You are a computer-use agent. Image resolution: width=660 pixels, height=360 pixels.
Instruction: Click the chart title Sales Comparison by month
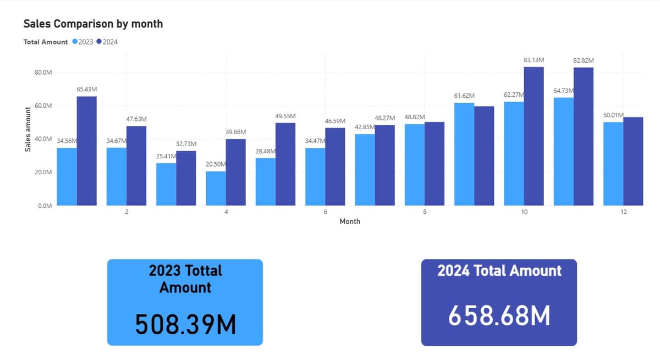point(93,24)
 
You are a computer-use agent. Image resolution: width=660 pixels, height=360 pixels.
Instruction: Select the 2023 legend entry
point(83,42)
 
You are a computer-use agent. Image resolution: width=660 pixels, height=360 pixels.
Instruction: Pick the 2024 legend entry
point(107,42)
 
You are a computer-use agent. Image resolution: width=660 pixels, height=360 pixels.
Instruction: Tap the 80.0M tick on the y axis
point(43,73)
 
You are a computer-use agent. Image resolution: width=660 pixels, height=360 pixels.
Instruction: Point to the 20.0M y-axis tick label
point(43,172)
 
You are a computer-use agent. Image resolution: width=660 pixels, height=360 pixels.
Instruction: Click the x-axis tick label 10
point(524,212)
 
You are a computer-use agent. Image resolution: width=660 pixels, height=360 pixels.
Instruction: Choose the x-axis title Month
point(350,221)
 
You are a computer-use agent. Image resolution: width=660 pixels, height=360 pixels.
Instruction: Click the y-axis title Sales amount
point(28,130)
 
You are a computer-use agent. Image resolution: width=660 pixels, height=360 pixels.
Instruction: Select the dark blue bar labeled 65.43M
point(87,151)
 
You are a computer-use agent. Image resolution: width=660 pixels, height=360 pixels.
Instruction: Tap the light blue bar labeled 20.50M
point(216,189)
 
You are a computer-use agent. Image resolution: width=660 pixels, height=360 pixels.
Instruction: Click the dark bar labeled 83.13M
point(534,136)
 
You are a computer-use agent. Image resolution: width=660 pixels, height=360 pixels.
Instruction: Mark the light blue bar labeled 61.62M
point(464,154)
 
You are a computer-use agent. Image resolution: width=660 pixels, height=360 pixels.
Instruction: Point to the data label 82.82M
point(584,60)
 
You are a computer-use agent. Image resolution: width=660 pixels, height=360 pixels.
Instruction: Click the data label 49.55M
point(285,117)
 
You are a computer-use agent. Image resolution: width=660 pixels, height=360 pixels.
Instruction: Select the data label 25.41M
point(166,156)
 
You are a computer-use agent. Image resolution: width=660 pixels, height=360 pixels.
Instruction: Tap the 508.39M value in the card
point(185,324)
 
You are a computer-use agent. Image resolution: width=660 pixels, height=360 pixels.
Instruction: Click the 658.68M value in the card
point(499,315)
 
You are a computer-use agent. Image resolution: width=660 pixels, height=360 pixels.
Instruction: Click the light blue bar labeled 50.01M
point(613,164)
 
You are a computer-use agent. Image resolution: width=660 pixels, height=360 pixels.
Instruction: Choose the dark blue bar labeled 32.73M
point(186,179)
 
